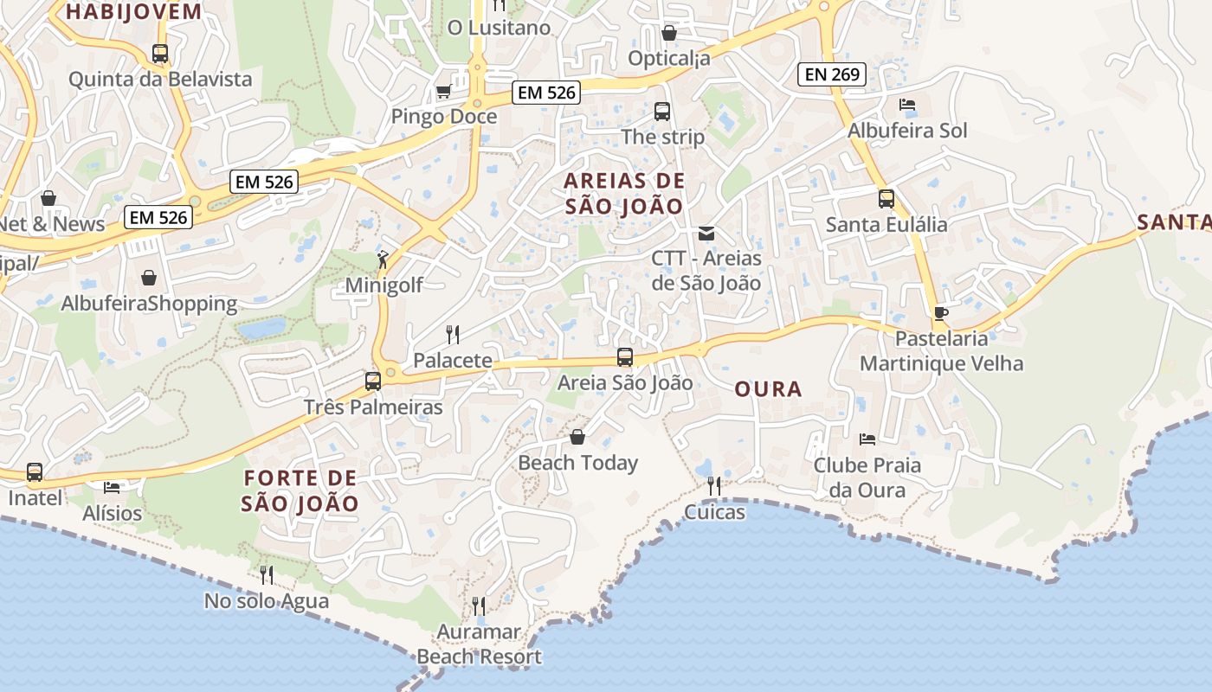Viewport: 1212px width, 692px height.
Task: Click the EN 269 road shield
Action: point(833,74)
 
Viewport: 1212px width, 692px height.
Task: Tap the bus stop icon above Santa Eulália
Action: point(886,199)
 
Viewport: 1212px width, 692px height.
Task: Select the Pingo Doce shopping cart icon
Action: point(443,91)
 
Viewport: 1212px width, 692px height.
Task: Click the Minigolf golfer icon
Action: point(383,259)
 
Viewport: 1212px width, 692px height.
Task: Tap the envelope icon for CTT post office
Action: point(706,233)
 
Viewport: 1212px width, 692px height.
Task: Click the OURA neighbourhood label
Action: point(768,389)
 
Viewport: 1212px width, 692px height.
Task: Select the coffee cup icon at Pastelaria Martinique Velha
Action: point(941,313)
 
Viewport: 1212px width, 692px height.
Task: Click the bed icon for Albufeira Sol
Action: point(906,105)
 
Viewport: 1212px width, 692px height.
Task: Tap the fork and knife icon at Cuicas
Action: point(714,486)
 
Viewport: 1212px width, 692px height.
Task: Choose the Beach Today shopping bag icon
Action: point(577,437)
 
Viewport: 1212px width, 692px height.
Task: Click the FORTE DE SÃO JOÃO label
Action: point(300,490)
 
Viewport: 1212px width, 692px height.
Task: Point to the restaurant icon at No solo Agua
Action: point(267,574)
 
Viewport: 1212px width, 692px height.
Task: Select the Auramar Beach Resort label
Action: point(479,644)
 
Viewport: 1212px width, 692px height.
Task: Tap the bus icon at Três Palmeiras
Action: point(373,381)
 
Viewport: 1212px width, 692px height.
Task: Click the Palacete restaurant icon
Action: point(452,335)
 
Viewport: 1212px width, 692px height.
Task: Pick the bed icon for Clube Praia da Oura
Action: point(867,439)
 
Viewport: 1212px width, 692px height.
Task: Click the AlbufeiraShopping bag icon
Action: point(149,278)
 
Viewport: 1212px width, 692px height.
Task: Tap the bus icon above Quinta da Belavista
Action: point(160,54)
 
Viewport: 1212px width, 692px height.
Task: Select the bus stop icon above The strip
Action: point(662,112)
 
